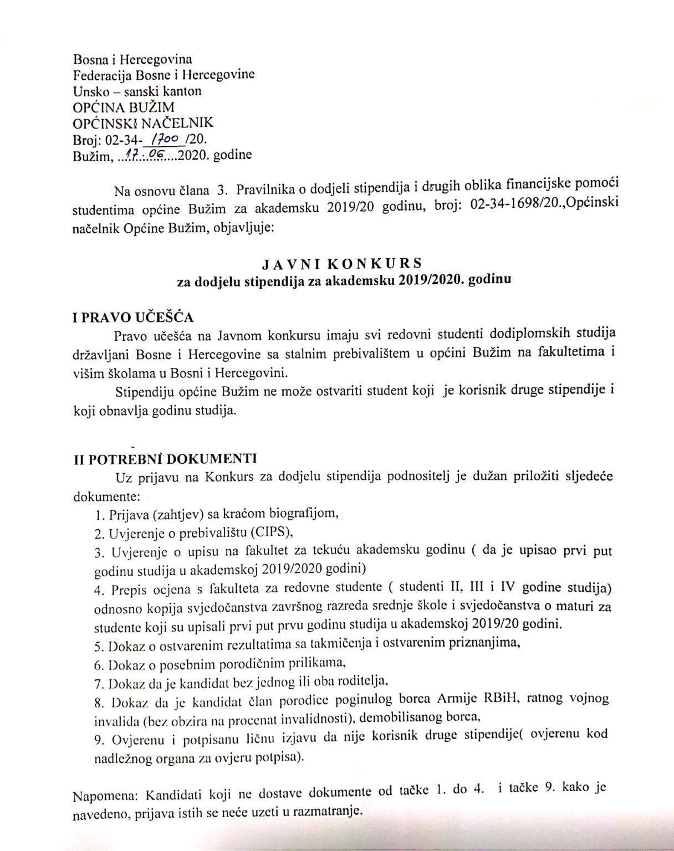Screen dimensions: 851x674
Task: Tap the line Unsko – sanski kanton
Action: (137, 90)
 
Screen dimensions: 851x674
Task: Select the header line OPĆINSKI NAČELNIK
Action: (143, 122)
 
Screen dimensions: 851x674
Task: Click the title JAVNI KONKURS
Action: (342, 263)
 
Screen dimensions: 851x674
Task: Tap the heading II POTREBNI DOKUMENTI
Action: (165, 459)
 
